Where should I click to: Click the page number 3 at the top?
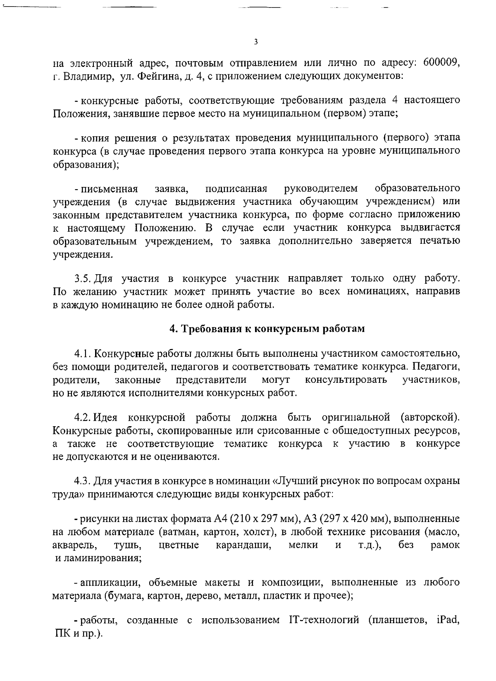pyautogui.click(x=256, y=42)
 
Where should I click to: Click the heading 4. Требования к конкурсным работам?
pyautogui.click(x=268, y=329)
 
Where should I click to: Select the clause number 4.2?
pyautogui.click(x=83, y=418)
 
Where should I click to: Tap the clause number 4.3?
pyautogui.click(x=83, y=481)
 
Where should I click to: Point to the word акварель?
pyautogui.click(x=75, y=545)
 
